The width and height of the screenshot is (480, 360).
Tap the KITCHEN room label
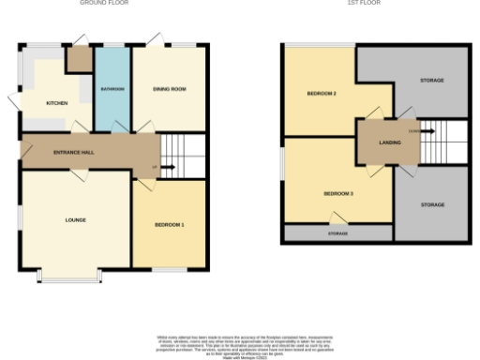pyautogui.click(x=57, y=103)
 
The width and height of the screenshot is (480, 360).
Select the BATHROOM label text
pyautogui.click(x=112, y=89)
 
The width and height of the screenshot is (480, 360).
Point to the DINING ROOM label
pyautogui.click(x=170, y=89)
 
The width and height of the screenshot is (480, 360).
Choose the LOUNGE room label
pyautogui.click(x=76, y=220)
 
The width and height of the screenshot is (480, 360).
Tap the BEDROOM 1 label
pyautogui.click(x=170, y=226)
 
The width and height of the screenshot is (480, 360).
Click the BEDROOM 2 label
pyautogui.click(x=322, y=94)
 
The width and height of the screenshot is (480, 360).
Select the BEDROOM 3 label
pyautogui.click(x=337, y=193)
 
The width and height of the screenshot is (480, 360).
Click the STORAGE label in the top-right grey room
pyautogui.click(x=432, y=81)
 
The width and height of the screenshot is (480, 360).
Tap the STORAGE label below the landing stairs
pyautogui.click(x=432, y=203)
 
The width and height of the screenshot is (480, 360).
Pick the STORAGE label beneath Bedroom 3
pyautogui.click(x=337, y=232)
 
